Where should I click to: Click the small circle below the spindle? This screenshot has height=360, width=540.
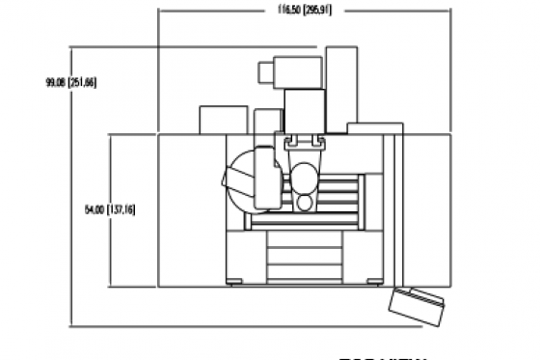point(304,203)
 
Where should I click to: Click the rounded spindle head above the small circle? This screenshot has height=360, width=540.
point(305,178)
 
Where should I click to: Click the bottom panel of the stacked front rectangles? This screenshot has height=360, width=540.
point(307,273)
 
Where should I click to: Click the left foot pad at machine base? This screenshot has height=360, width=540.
point(237,282)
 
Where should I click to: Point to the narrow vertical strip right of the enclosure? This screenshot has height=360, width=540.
point(390,208)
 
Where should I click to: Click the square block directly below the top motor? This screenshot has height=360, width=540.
point(305,107)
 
